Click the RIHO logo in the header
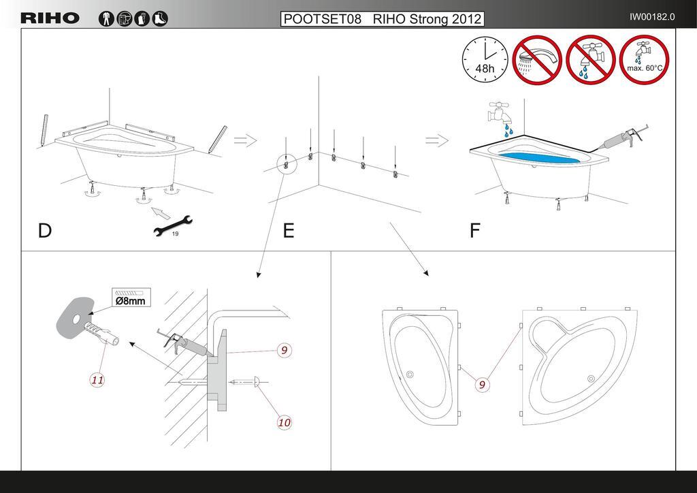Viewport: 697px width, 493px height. [50, 18]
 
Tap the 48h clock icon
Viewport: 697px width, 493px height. [485, 59]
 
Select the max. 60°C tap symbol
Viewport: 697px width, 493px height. [644, 59]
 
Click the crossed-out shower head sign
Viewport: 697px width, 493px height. [537, 59]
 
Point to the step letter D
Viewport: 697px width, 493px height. [44, 231]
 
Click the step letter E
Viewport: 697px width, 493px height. [289, 231]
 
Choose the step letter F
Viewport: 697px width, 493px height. [474, 231]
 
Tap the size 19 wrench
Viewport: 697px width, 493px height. [172, 225]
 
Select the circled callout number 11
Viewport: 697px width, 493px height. [97, 380]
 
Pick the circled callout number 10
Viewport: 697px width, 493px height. [284, 422]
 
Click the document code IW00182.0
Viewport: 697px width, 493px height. [652, 17]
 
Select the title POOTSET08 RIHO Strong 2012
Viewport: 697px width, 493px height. [383, 18]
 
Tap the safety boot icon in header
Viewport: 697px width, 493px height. [160, 18]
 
